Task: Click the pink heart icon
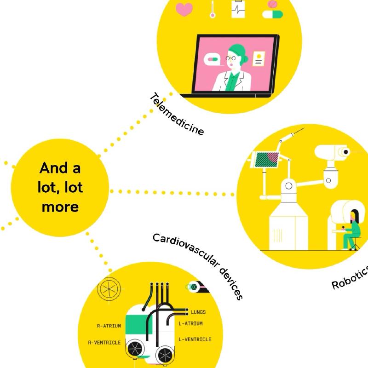184,9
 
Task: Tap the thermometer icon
213,9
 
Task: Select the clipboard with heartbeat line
238,9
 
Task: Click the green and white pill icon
272,14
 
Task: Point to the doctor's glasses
230,58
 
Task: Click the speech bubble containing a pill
212,59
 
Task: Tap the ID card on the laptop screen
259,59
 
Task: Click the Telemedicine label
177,114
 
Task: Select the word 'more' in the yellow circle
60,207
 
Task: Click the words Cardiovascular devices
198,266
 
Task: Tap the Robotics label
350,278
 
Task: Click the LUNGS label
198,312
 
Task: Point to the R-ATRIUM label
109,326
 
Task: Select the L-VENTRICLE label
195,339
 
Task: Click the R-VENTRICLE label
104,343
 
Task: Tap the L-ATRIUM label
190,323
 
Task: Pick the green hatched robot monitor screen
267,160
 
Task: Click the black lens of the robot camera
346,152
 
